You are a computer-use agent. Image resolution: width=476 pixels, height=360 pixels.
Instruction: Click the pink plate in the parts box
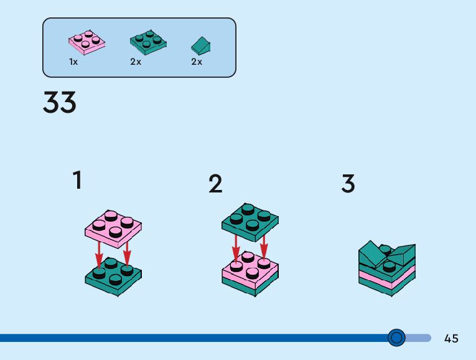[86, 42]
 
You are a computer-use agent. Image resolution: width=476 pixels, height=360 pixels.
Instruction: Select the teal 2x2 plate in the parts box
[148, 41]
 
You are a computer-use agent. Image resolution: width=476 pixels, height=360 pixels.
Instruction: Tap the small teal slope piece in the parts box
[201, 45]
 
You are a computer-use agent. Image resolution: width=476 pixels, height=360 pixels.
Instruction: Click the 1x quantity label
[73, 62]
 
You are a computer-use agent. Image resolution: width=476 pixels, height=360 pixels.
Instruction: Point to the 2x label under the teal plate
[136, 62]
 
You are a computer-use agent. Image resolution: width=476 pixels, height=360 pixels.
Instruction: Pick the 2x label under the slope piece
[197, 62]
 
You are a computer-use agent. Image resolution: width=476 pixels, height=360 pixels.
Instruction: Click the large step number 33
[60, 103]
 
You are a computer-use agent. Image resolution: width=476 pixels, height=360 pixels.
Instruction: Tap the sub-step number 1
[77, 181]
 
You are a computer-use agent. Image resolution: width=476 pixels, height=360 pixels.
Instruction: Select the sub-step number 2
[215, 184]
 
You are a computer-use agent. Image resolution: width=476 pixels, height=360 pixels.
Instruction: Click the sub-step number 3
[348, 184]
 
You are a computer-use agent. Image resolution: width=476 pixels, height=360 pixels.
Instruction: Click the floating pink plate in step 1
[113, 226]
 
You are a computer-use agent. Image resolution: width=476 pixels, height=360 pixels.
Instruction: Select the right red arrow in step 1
[127, 254]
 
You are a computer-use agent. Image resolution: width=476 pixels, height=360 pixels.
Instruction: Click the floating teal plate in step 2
[250, 222]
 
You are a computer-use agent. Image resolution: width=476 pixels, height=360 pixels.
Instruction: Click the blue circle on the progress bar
[396, 338]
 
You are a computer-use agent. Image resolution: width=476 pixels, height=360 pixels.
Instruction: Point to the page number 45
[451, 339]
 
